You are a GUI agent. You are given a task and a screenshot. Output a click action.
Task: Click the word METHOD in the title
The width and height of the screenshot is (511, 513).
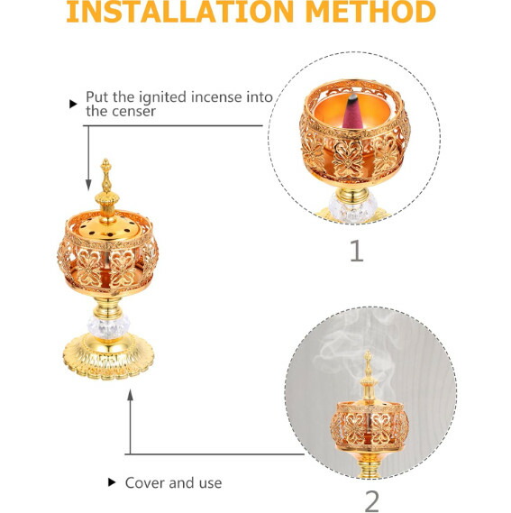point(371,12)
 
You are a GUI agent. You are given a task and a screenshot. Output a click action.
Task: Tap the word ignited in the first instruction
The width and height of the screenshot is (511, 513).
point(163,97)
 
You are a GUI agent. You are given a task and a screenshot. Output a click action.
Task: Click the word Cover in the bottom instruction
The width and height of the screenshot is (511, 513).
point(144,483)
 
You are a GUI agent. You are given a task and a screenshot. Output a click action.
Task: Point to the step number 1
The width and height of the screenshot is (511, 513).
point(357,251)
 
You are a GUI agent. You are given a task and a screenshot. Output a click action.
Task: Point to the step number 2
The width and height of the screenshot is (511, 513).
point(372,501)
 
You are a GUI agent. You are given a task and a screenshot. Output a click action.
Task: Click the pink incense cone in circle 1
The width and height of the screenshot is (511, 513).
point(351,113)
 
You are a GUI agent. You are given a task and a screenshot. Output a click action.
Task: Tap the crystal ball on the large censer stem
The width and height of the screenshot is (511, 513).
point(108,326)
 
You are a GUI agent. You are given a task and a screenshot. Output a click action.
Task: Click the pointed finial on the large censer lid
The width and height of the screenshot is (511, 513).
point(106,176)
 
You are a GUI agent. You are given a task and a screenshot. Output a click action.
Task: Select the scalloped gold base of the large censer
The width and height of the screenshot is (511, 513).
point(108,358)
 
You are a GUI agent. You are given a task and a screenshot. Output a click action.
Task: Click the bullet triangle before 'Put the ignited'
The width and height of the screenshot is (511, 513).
point(73,104)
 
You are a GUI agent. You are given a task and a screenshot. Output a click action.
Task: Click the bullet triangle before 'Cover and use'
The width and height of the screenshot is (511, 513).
point(112,482)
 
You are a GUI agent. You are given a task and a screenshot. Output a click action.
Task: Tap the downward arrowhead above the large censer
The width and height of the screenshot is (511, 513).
point(88,185)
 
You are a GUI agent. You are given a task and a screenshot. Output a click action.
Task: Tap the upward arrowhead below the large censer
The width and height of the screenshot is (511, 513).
point(130,395)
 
